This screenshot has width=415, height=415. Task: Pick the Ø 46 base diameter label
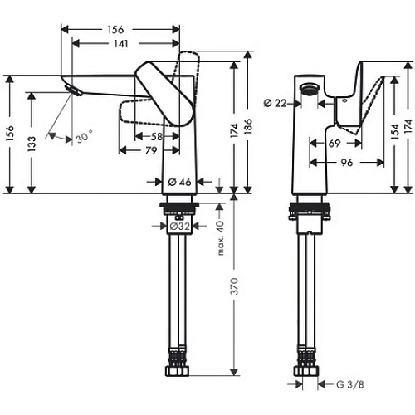pyautogui.click(x=181, y=182)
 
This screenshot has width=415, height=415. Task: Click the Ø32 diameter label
pyautogui.click(x=181, y=226)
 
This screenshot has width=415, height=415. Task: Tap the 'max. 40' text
pyautogui.click(x=221, y=238)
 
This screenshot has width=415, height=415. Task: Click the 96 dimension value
pyautogui.click(x=349, y=164)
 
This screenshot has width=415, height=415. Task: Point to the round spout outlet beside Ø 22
pyautogui.click(x=310, y=90)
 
